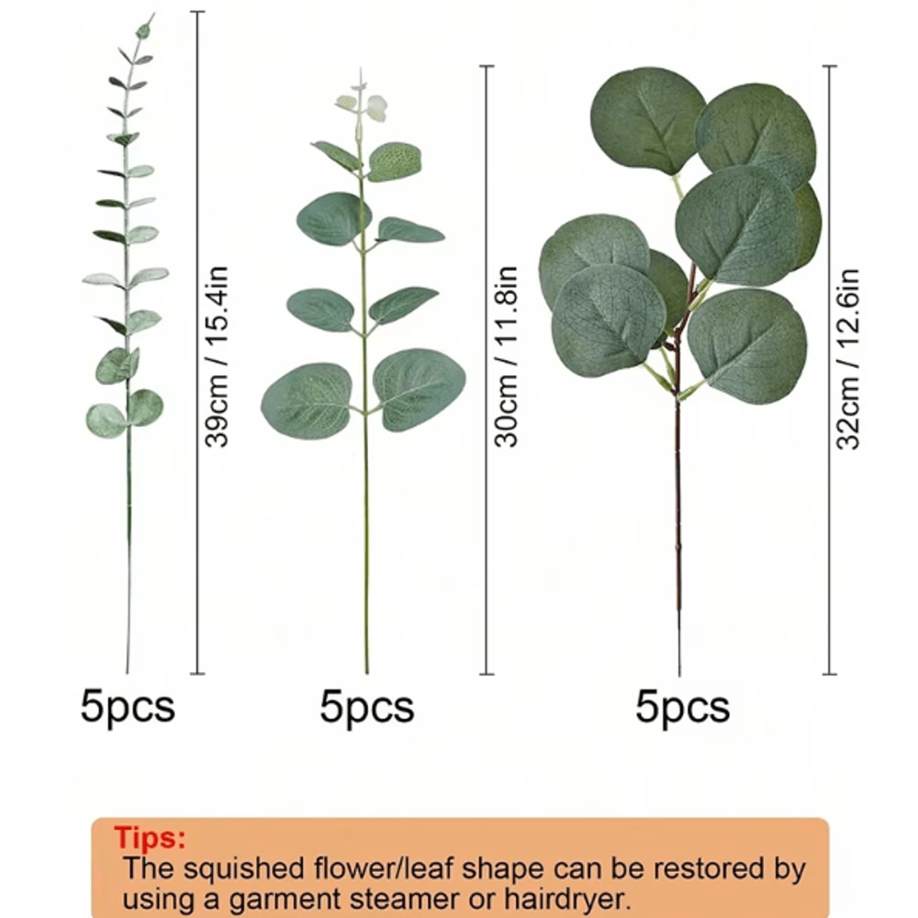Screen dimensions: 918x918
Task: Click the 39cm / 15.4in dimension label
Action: tap(217, 355)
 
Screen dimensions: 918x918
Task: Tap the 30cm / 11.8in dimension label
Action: tap(507, 355)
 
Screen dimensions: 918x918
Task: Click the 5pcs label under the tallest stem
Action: tap(128, 707)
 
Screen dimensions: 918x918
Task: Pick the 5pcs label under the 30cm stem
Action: tap(367, 707)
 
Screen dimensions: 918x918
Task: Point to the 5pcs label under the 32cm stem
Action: tap(682, 707)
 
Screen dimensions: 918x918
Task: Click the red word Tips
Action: tap(150, 838)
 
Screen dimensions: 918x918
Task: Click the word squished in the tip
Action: tap(238, 868)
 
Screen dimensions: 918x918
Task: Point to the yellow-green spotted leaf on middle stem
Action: tap(394, 161)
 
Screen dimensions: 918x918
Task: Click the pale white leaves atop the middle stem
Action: tap(363, 105)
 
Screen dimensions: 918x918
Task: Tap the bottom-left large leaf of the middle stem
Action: tap(308, 400)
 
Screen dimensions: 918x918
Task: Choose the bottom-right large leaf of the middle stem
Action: tap(420, 388)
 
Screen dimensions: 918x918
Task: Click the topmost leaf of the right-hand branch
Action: tap(646, 119)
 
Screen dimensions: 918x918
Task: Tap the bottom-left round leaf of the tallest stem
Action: tap(106, 420)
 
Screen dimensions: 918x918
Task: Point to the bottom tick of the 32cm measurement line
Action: tap(830, 674)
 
